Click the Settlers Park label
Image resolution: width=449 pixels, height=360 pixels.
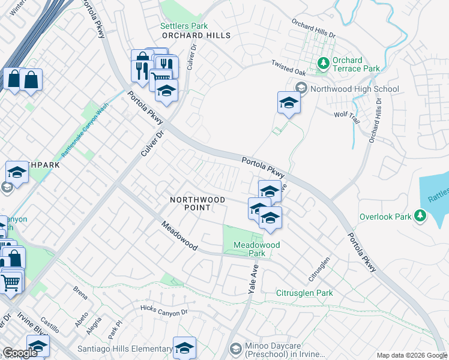(184, 26)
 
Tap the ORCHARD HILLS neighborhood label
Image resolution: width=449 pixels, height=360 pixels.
(196, 35)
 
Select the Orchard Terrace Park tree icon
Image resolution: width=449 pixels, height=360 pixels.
(323, 62)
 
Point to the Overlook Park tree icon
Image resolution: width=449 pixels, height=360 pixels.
(420, 215)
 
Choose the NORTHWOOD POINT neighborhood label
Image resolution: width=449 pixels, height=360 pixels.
(197, 203)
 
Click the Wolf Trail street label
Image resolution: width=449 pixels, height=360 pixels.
(346, 116)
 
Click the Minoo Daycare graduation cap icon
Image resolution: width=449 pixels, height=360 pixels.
(236, 349)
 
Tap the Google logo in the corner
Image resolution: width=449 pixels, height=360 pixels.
(20, 353)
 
